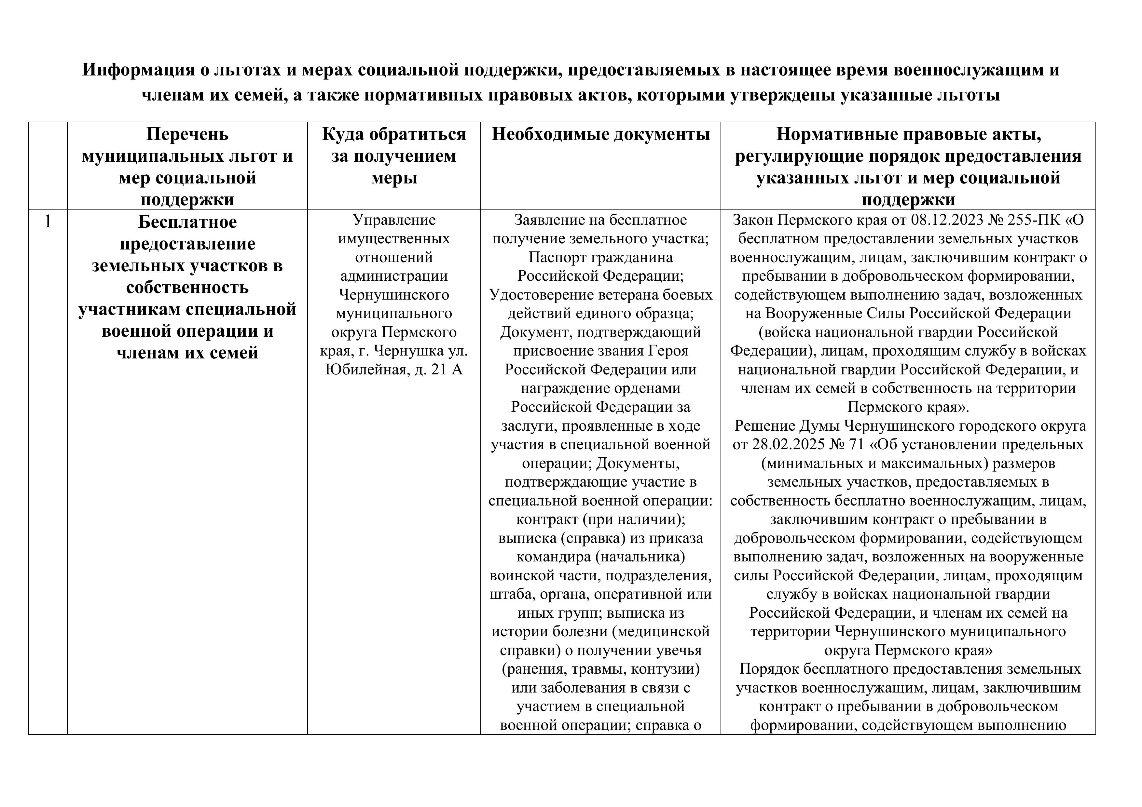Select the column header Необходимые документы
point(600,135)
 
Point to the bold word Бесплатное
point(187,222)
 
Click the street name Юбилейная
point(367,370)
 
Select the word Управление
point(393,220)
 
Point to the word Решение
point(766,426)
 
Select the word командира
point(552,557)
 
